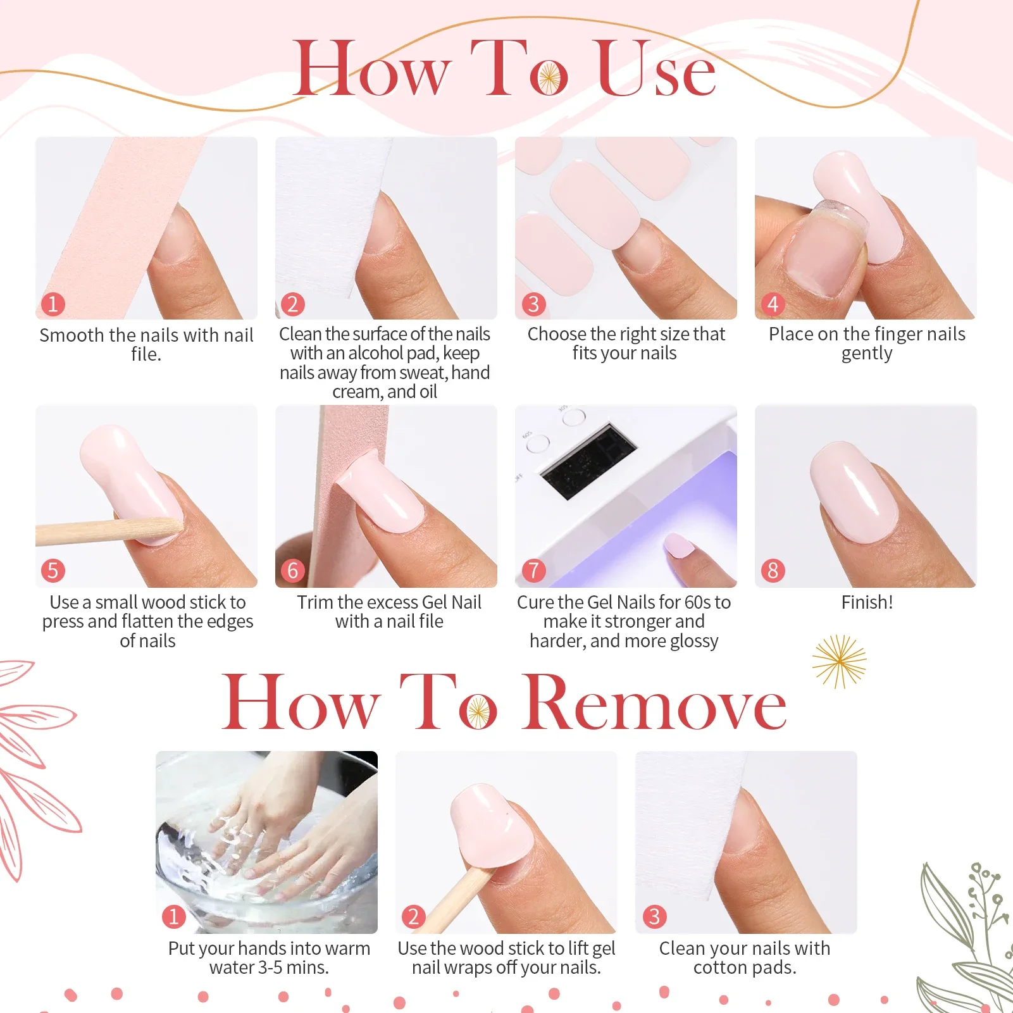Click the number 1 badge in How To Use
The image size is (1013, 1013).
(x=53, y=304)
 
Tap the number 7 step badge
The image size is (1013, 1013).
(x=533, y=571)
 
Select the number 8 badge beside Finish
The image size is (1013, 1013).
(x=773, y=571)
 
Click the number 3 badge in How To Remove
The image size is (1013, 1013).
(x=654, y=916)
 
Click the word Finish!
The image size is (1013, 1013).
(x=867, y=602)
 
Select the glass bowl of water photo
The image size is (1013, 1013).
(x=266, y=842)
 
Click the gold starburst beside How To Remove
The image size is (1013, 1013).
(x=839, y=662)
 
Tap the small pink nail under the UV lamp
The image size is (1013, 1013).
(x=679, y=545)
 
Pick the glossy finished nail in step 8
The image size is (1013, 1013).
(x=854, y=494)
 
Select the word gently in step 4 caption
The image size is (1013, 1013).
(x=867, y=354)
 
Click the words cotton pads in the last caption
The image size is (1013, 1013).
(x=745, y=967)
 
